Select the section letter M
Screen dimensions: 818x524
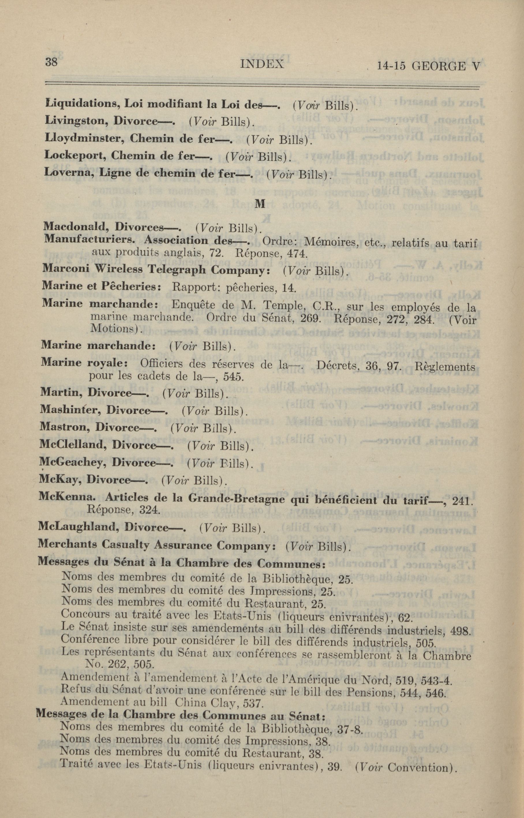[260, 203]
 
